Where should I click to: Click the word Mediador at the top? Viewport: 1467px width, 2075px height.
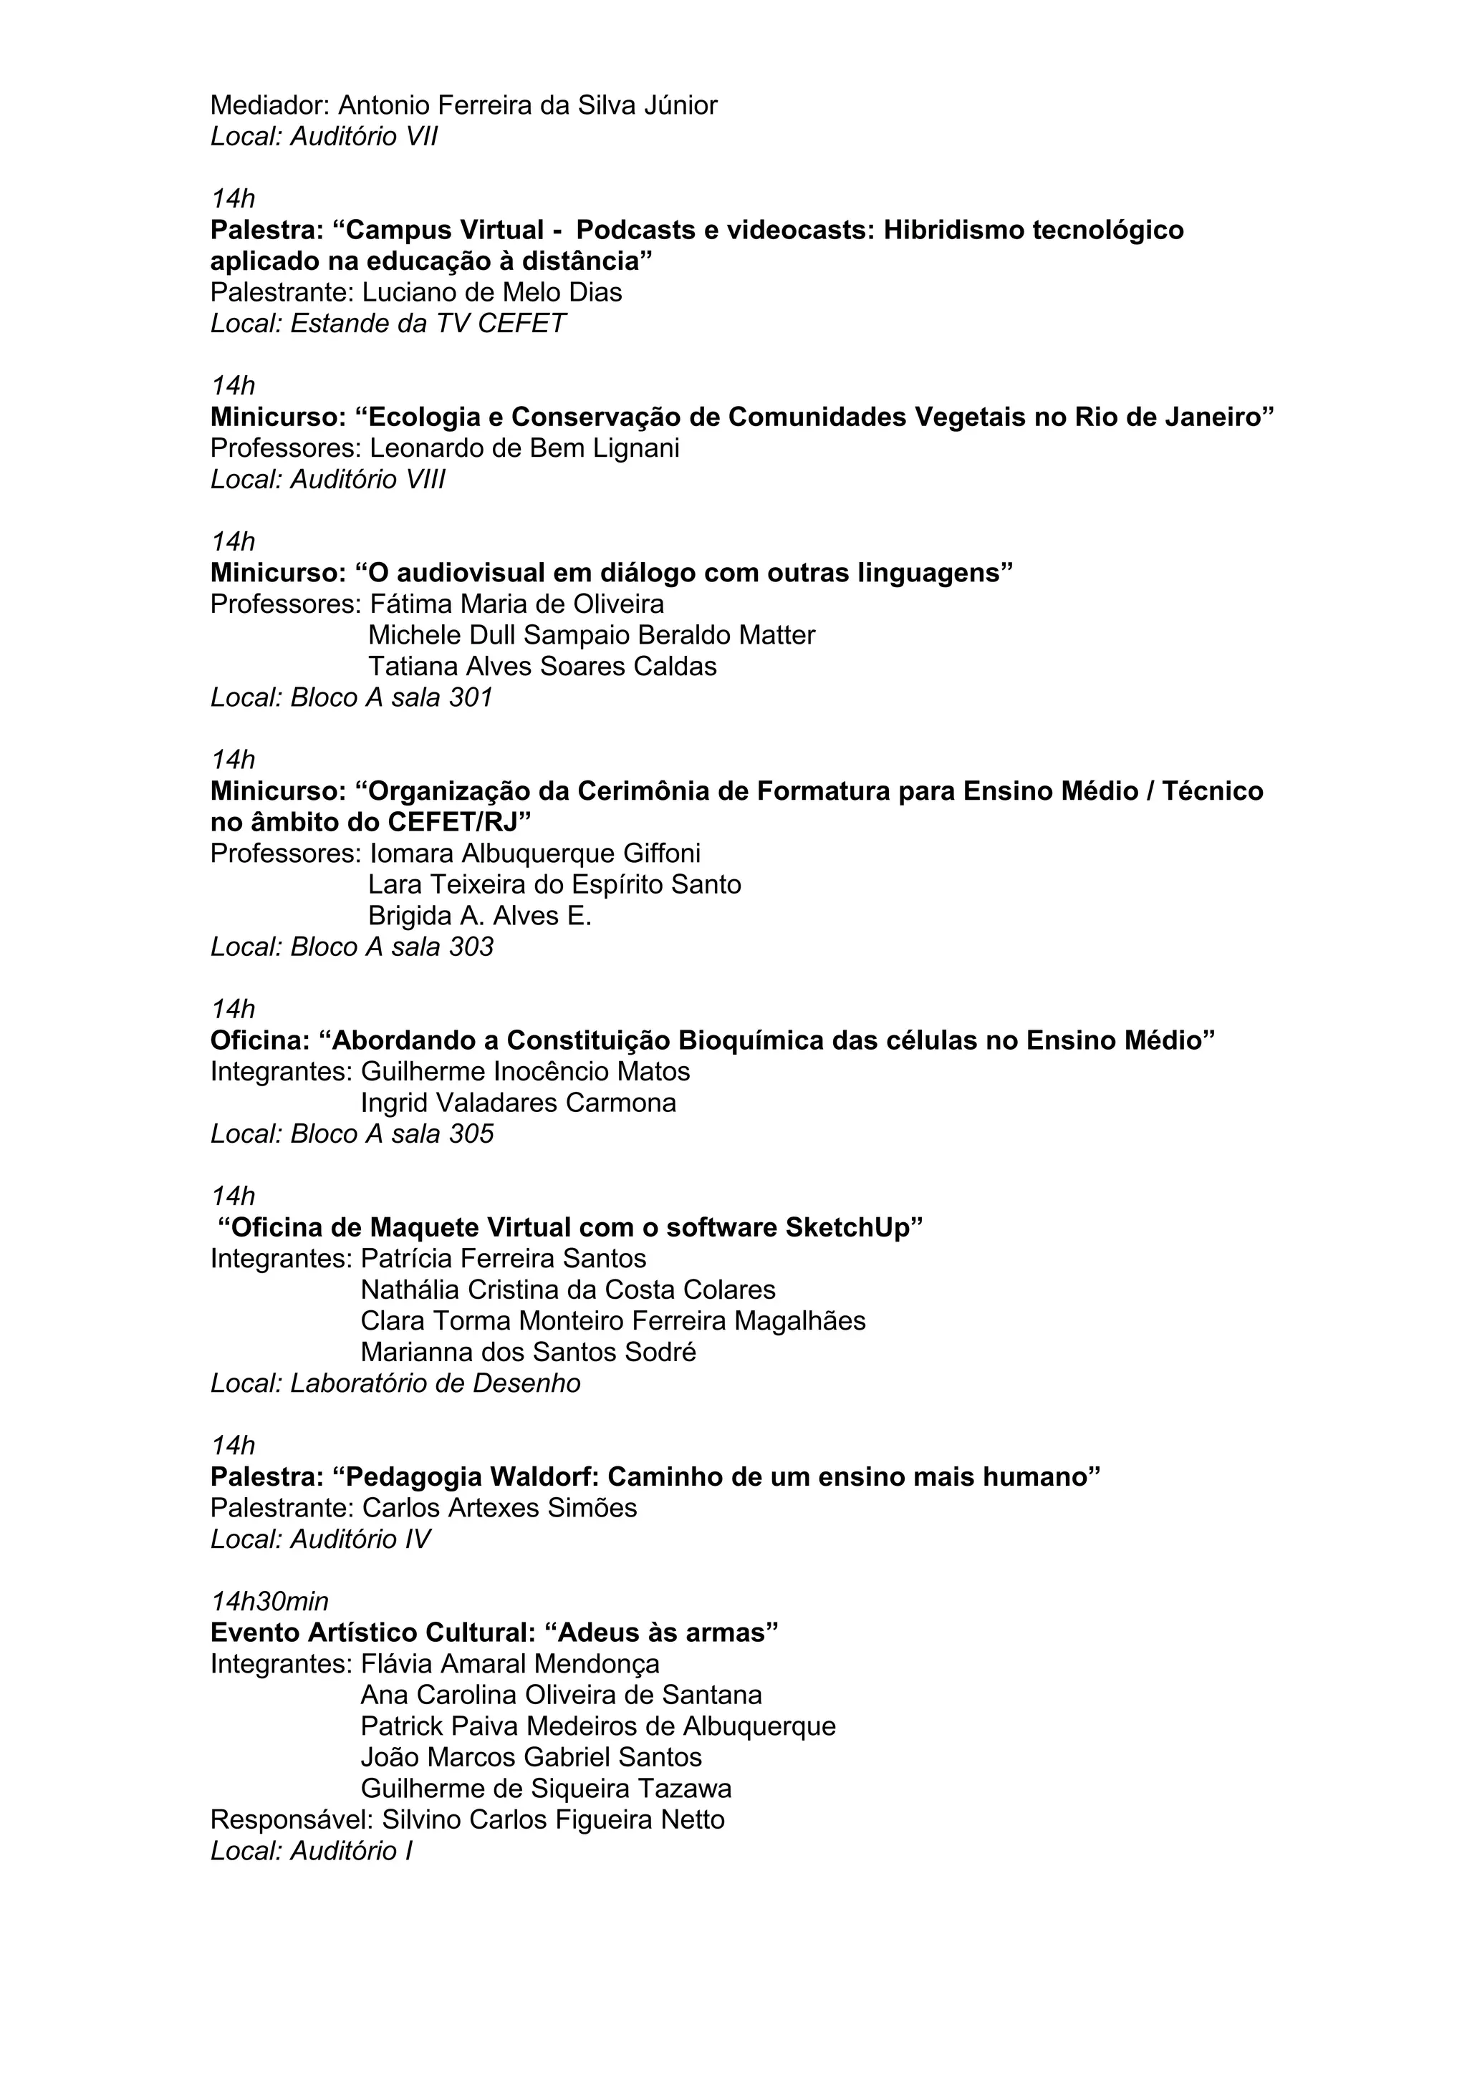click(x=269, y=106)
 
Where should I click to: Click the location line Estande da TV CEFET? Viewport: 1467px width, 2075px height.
click(x=428, y=324)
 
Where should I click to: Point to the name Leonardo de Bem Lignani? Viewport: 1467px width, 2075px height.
click(x=524, y=448)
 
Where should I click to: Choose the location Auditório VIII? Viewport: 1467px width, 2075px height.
click(x=367, y=480)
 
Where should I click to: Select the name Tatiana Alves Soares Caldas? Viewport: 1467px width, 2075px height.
click(x=542, y=667)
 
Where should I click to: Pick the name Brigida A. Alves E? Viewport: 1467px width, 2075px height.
click(x=479, y=916)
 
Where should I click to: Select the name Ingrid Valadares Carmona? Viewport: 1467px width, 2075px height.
click(x=518, y=1103)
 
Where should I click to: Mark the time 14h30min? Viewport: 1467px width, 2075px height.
click(x=269, y=1602)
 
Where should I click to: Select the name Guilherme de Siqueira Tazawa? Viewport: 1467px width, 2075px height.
click(x=546, y=1789)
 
